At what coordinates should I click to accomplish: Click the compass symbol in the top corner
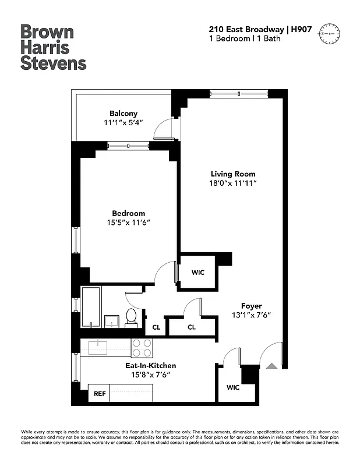pyautogui.click(x=329, y=34)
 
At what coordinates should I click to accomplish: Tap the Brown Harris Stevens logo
pyautogui.click(x=54, y=47)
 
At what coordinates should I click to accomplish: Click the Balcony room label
pyautogui.click(x=123, y=113)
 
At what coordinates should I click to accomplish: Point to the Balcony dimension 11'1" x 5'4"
pyautogui.click(x=123, y=123)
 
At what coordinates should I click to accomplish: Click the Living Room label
pyautogui.click(x=233, y=174)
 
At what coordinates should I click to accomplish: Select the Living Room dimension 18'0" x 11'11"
pyautogui.click(x=233, y=183)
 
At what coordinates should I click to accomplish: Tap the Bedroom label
pyautogui.click(x=129, y=213)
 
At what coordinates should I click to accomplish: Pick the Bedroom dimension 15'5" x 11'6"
pyautogui.click(x=129, y=223)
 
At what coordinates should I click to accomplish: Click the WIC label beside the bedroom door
pyautogui.click(x=198, y=272)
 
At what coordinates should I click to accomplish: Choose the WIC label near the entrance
pyautogui.click(x=233, y=387)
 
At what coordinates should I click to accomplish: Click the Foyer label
pyautogui.click(x=252, y=306)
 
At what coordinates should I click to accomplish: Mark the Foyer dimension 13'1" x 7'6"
pyautogui.click(x=252, y=316)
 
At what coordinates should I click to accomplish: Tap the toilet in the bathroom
pyautogui.click(x=130, y=317)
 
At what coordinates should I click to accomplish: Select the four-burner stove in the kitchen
pyautogui.click(x=142, y=348)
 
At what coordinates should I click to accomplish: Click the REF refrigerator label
pyautogui.click(x=100, y=394)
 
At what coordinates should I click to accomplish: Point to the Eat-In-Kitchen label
pyautogui.click(x=150, y=365)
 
